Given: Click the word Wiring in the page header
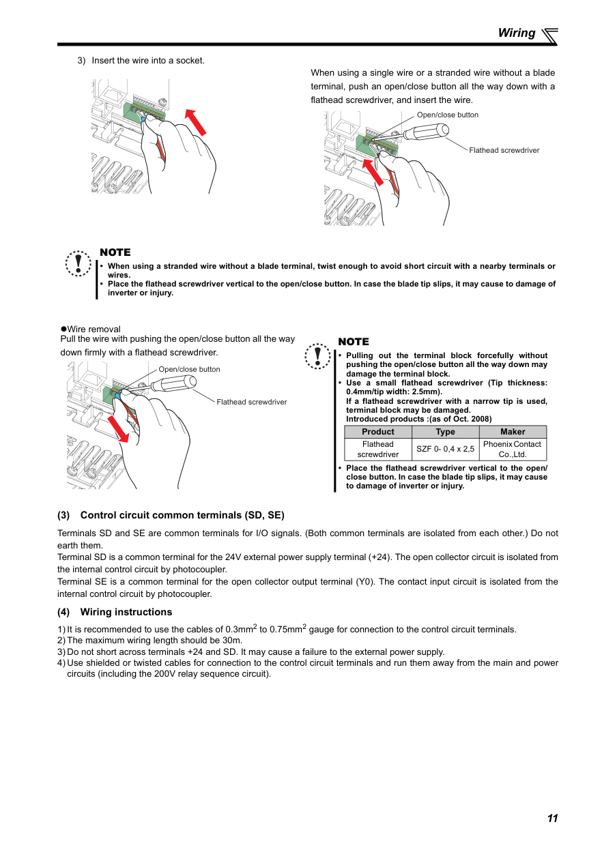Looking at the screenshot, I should pos(517,33).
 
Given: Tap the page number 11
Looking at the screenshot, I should pos(552,818).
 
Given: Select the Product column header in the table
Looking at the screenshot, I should pos(378,432).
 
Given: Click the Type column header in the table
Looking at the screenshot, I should pos(445,432).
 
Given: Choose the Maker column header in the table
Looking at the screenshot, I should pos(513,432).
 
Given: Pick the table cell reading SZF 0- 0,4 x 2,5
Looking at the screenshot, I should pos(445,449).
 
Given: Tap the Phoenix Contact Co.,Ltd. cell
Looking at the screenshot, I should pos(512,449).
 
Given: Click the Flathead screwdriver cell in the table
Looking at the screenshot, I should pos(378,449).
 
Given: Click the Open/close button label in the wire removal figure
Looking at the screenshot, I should pos(190,369).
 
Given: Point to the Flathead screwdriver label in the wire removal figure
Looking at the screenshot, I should pos(252,402).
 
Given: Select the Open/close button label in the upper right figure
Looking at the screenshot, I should pos(448,115).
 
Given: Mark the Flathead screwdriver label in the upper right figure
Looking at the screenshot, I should pos(504,150).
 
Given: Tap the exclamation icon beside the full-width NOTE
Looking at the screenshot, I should pos(78,263).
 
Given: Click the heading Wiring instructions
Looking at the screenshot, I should pos(126,612).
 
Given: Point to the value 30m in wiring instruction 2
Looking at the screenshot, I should pos(233,641).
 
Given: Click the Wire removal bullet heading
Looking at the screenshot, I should pos(94,329).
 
